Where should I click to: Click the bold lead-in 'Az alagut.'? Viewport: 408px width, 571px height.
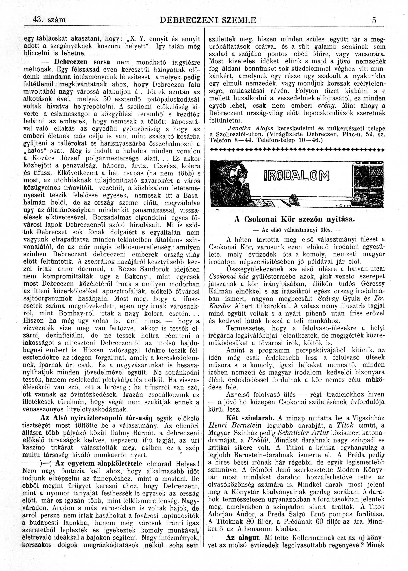pos(242,550)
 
